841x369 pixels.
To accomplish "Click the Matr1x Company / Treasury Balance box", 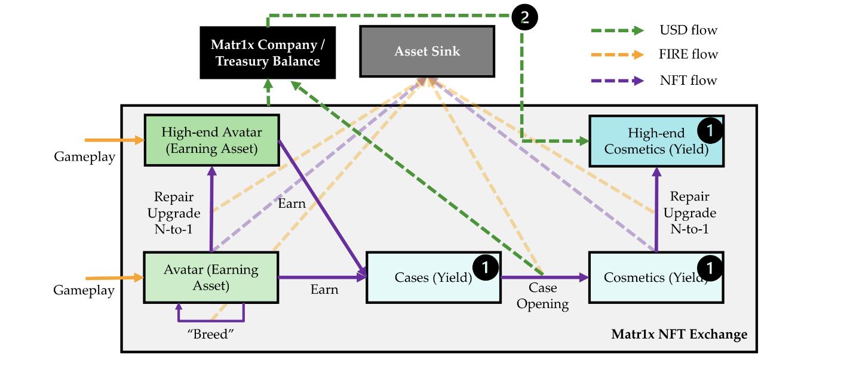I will (267, 53).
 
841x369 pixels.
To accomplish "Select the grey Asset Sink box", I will (427, 51).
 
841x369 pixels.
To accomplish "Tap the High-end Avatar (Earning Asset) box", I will (211, 140).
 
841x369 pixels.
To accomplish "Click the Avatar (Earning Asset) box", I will (211, 277).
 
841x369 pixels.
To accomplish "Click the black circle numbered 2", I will (524, 17).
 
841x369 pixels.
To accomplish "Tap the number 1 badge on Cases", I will (485, 267).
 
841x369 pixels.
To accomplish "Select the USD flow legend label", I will (688, 30).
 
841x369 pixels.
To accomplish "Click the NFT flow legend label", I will (688, 80).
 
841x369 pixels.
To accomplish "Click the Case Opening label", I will (542, 296).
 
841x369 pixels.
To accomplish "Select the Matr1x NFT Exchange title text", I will (679, 334).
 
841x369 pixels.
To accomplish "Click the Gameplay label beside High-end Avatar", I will (84, 156).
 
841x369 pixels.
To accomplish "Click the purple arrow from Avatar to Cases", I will (323, 277).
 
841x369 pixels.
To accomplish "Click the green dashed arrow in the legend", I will (618, 30).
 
